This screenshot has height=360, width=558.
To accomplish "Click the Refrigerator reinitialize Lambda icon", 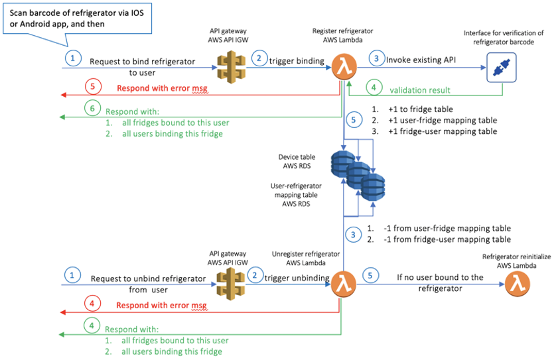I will coord(517,284).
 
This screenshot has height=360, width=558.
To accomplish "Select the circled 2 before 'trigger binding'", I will coord(257,58).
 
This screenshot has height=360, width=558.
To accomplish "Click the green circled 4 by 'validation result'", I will coord(375,88).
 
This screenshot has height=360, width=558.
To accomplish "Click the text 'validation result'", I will coord(419,90).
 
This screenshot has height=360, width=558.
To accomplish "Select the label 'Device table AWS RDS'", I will coord(297,162).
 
